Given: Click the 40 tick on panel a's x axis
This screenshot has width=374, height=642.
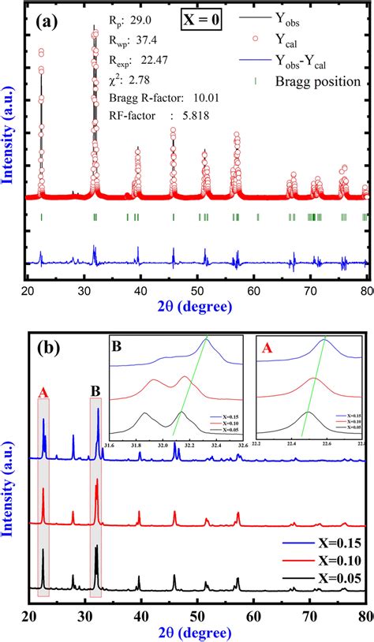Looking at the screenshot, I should [141, 292].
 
